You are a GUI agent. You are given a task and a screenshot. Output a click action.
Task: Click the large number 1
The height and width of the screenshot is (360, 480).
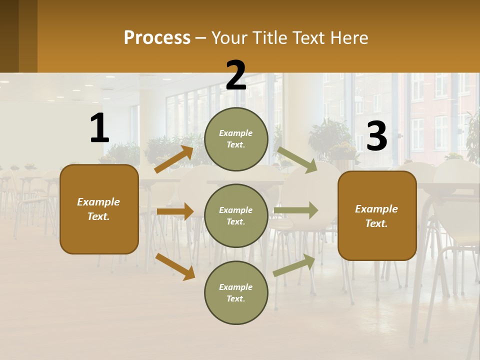point(99,128)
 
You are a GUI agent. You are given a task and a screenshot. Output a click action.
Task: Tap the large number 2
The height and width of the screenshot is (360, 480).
point(236,76)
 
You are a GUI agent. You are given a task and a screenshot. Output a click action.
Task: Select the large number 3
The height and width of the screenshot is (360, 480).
point(376,136)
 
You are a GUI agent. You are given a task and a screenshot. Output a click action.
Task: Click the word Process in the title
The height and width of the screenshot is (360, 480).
point(157,38)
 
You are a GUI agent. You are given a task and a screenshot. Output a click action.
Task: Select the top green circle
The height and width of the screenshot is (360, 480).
point(236,139)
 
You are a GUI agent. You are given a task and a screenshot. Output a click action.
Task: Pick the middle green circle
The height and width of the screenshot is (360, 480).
point(236,215)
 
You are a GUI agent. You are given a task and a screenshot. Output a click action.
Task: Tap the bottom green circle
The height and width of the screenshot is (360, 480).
point(236,292)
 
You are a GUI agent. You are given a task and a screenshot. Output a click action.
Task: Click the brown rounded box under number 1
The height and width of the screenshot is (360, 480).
point(99,209)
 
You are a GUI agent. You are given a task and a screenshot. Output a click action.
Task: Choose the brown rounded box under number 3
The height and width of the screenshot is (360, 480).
point(377,215)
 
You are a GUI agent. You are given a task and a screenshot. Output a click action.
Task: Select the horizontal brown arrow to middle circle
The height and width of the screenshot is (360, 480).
point(175,211)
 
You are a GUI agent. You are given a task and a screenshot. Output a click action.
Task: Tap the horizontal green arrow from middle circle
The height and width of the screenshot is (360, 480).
point(296,210)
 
